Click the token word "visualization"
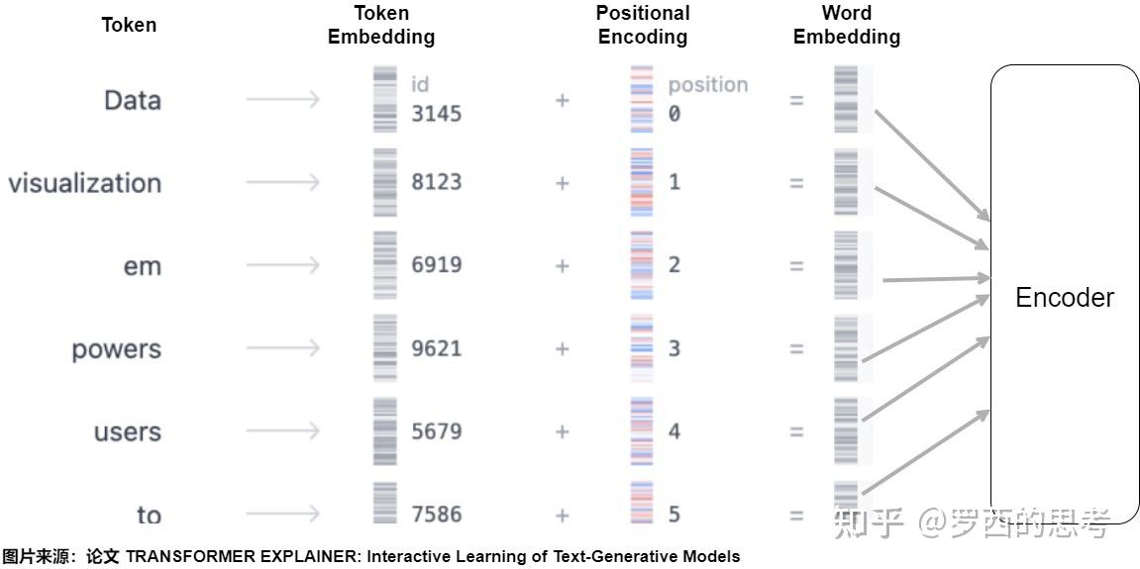(x=84, y=183)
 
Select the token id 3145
(x=437, y=114)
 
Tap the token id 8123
(x=437, y=182)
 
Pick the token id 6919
(x=437, y=265)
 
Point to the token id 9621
(x=437, y=348)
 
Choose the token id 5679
(x=437, y=431)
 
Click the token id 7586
(x=437, y=515)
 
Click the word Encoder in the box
(x=1065, y=298)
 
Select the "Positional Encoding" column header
(x=643, y=25)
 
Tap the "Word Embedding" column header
(x=847, y=25)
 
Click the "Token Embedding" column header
(x=381, y=25)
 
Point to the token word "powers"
(x=116, y=349)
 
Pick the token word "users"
(x=127, y=432)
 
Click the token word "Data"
(x=132, y=100)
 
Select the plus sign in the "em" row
(x=563, y=265)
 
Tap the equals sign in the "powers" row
(x=796, y=348)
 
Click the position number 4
(x=674, y=431)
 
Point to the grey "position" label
(x=707, y=85)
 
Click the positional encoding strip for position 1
(x=642, y=182)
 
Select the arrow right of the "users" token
(x=282, y=431)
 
